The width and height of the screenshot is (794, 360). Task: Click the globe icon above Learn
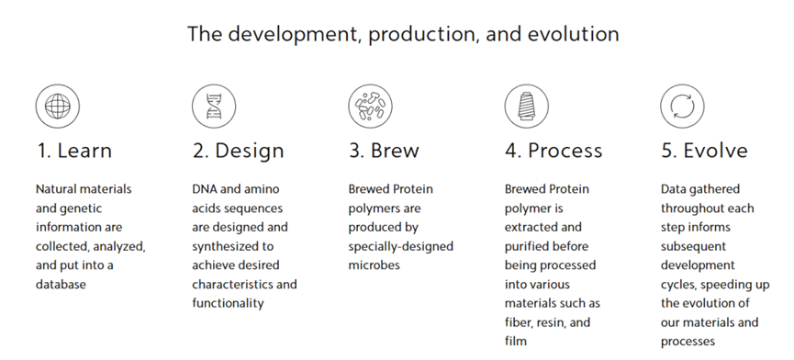[x=58, y=107]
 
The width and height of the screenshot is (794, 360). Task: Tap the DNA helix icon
[x=214, y=107]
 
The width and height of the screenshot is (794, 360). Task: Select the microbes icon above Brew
[x=370, y=107]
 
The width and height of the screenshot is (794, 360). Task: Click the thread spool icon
[x=527, y=107]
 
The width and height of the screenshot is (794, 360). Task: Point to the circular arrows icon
[x=683, y=107]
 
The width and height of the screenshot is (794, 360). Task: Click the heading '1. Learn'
[x=74, y=151]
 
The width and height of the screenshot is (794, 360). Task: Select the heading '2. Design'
[x=238, y=151]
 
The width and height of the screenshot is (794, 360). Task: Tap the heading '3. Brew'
[x=384, y=151]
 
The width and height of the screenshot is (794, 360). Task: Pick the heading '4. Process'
[x=554, y=151]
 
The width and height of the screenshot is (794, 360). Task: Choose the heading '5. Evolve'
[x=704, y=151]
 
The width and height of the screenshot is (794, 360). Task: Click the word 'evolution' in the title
[x=573, y=34]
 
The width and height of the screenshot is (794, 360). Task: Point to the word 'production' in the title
[x=422, y=35]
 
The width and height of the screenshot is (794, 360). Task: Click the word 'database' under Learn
[x=61, y=284]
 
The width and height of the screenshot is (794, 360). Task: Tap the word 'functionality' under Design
[x=228, y=303]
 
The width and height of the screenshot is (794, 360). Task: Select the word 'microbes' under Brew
[x=374, y=265]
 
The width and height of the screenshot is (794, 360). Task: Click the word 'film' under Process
[x=516, y=342]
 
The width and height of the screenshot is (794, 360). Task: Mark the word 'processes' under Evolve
[x=688, y=342]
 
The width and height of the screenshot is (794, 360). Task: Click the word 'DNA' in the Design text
[x=204, y=189]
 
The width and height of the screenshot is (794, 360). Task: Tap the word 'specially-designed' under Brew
[x=400, y=247]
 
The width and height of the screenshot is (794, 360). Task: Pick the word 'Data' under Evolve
[x=673, y=189]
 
